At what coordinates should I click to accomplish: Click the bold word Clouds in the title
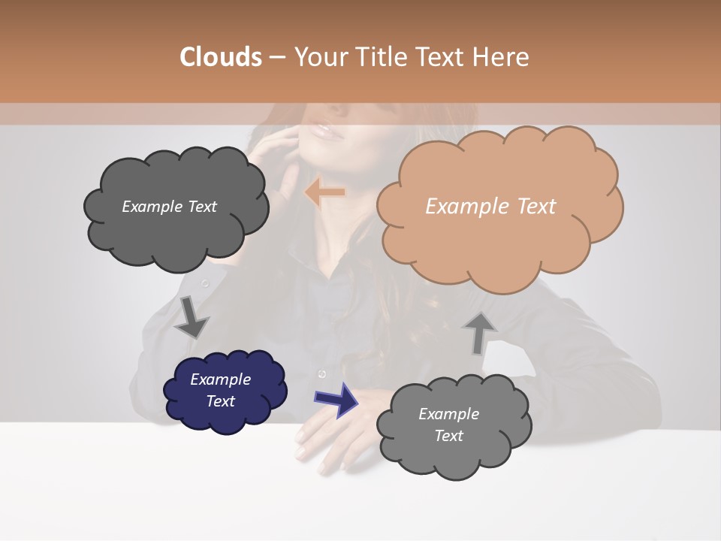click(x=221, y=57)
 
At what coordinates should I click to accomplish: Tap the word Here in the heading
click(x=502, y=57)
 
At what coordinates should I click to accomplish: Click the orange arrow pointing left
click(x=324, y=193)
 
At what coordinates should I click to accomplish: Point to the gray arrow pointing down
click(x=191, y=317)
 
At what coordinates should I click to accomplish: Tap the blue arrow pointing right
click(x=337, y=399)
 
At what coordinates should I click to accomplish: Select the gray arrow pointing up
click(x=479, y=331)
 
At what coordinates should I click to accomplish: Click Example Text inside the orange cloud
click(x=490, y=207)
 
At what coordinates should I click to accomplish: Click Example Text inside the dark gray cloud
click(x=169, y=207)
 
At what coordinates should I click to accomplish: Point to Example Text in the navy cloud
click(x=220, y=390)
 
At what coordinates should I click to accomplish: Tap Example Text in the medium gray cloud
click(x=448, y=425)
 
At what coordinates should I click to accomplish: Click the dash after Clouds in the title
click(x=276, y=57)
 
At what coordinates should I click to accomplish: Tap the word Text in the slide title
click(x=442, y=57)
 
